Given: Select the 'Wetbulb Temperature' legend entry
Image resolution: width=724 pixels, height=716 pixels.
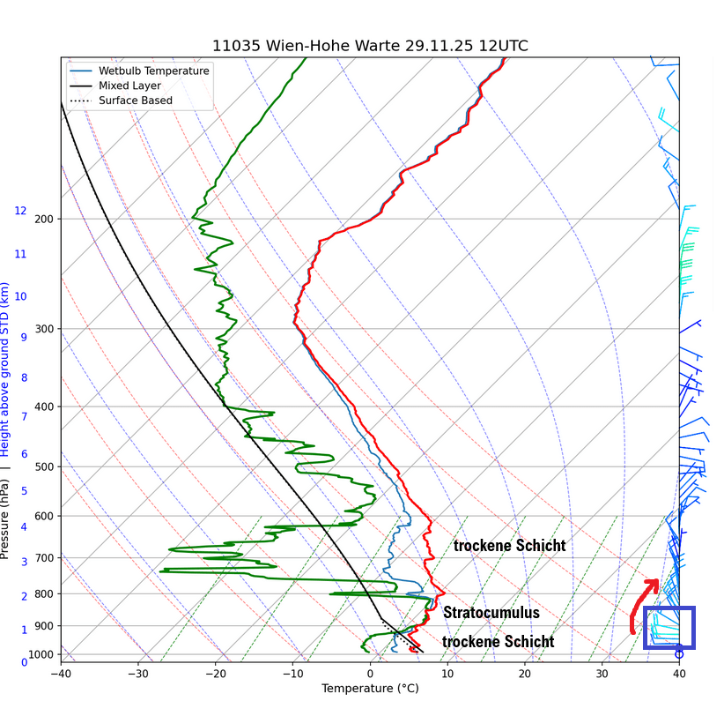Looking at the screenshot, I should tap(153, 71).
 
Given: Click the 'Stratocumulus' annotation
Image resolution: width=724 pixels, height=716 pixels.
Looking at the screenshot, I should tap(491, 613).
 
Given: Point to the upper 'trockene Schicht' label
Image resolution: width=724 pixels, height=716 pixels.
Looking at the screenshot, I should tap(509, 546).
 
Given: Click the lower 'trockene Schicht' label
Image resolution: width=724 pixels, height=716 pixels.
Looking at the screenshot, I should tap(498, 642).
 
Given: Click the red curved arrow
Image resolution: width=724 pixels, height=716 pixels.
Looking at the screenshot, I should tap(641, 606).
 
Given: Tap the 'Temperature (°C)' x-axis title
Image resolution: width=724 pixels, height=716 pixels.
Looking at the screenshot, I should tap(370, 688).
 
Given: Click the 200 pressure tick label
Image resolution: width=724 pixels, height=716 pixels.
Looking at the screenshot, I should tap(44, 219).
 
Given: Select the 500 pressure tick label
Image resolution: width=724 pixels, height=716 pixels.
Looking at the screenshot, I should tap(44, 466).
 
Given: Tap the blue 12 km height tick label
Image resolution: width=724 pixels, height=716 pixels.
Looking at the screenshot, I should tap(20, 212).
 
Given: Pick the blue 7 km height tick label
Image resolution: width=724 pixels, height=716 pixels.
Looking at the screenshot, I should tap(24, 416).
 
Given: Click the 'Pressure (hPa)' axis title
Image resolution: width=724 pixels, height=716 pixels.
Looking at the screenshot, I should tap(6, 519).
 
